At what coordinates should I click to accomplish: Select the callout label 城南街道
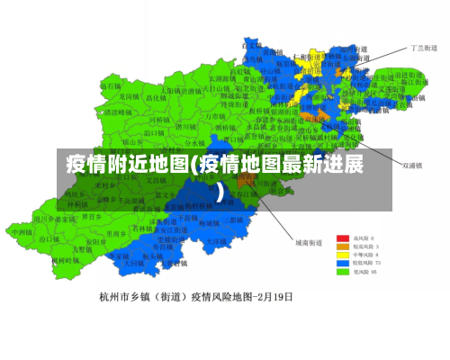tap(309, 242)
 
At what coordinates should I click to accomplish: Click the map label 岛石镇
tap(111, 84)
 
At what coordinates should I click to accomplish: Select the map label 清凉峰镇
tap(114, 112)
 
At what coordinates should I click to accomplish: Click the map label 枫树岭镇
tap(63, 260)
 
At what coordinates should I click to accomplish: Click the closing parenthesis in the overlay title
tap(220, 190)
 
